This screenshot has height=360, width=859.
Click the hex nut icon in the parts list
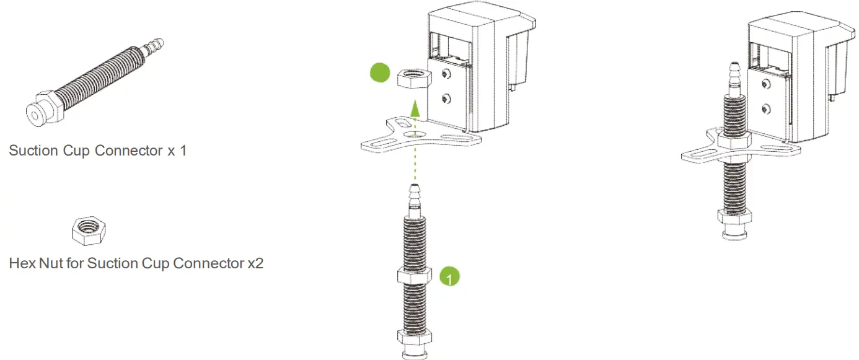(89, 231)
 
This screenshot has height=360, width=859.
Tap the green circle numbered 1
(450, 276)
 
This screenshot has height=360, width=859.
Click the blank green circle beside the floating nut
(379, 72)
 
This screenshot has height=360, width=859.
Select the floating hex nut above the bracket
(409, 77)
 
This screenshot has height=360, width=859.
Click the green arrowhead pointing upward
(415, 110)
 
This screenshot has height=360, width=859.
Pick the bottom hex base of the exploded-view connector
(415, 338)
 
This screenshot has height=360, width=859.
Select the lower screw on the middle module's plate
(446, 98)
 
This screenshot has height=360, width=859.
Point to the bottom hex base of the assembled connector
(734, 218)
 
